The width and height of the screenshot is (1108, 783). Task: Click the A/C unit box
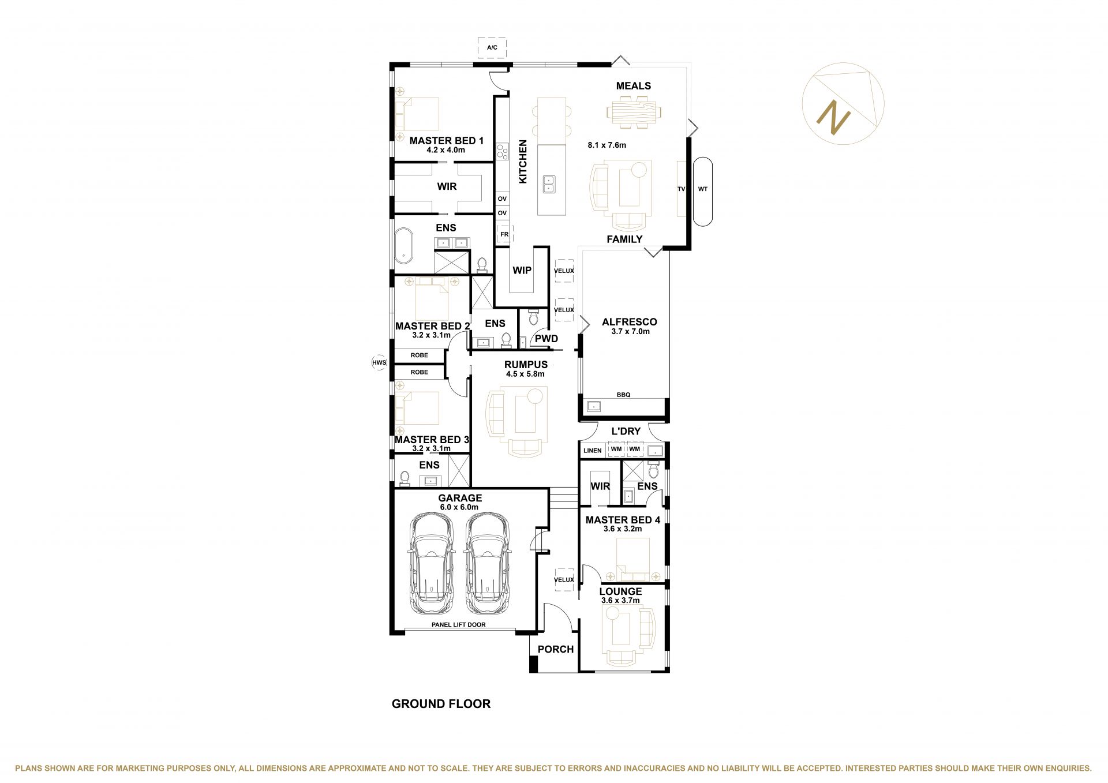click(x=492, y=47)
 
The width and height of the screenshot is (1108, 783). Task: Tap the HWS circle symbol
click(x=379, y=362)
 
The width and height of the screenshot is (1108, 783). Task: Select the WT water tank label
click(x=702, y=189)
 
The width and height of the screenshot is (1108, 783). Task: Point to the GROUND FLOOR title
click(x=441, y=703)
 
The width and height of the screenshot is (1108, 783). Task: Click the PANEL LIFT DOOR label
click(x=459, y=624)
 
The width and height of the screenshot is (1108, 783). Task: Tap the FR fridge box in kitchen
click(x=504, y=234)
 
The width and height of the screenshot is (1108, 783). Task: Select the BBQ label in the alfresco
click(x=623, y=395)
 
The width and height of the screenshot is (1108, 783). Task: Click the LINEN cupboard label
click(x=592, y=451)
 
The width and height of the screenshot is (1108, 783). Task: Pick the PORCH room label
click(x=556, y=649)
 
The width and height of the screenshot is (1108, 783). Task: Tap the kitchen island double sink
click(x=548, y=184)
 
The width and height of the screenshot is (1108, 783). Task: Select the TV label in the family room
click(x=681, y=189)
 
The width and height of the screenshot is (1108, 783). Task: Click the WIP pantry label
click(x=522, y=270)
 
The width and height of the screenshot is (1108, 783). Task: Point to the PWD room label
click(x=546, y=339)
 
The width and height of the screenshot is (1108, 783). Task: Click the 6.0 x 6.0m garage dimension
click(x=459, y=507)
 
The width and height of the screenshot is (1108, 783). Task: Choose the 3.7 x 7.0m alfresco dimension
click(x=630, y=331)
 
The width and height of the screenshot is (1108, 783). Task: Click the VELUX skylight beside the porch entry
click(x=564, y=580)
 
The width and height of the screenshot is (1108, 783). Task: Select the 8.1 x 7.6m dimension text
click(x=607, y=145)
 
